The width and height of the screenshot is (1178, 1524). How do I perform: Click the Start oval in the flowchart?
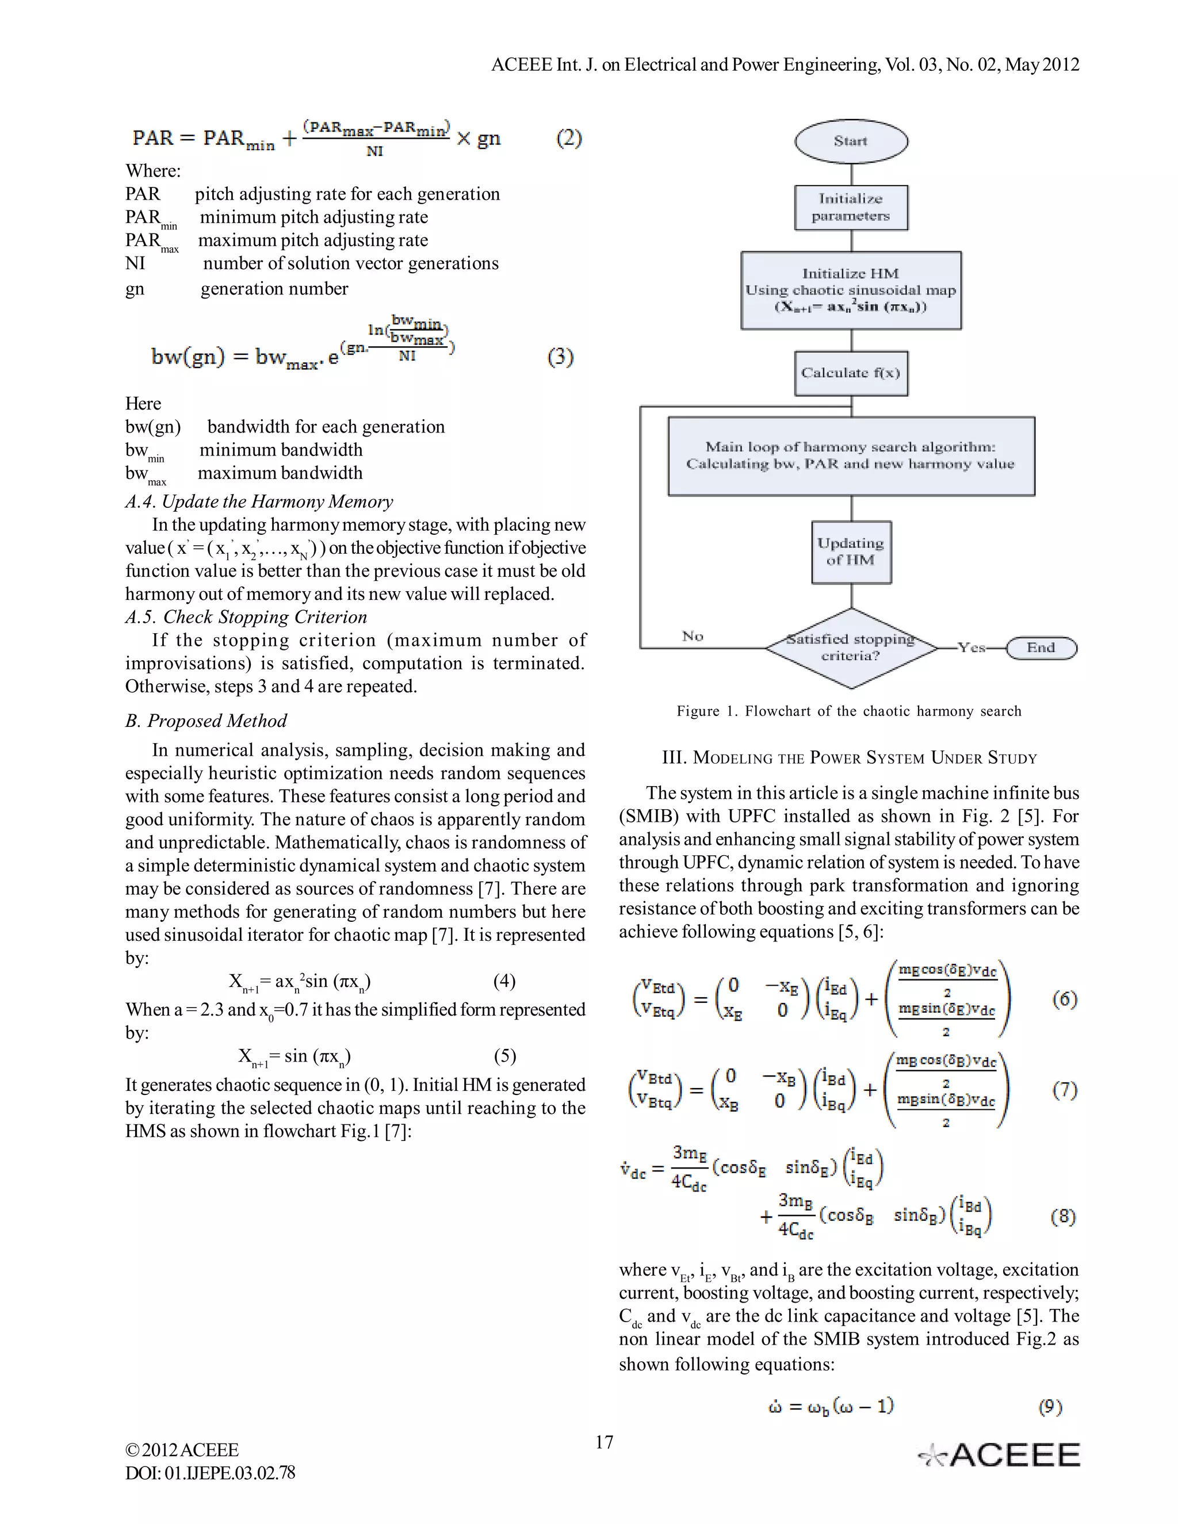tap(851, 141)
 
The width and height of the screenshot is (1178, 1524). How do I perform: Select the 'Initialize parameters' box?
tap(851, 207)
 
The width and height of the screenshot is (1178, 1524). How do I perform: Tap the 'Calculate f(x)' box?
tap(851, 373)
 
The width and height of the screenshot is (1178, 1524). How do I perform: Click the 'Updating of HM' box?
tap(851, 552)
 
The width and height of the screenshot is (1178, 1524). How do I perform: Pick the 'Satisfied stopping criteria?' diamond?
tap(851, 648)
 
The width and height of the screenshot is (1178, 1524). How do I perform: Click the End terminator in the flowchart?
tap(1041, 648)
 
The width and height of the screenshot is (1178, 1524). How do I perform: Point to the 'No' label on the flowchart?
tap(693, 635)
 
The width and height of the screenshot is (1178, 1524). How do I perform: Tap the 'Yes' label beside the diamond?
tap(971, 648)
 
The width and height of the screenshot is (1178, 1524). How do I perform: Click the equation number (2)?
tap(569, 138)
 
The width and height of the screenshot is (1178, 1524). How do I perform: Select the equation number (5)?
tap(504, 1056)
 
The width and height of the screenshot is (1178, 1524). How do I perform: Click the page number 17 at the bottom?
tap(605, 1442)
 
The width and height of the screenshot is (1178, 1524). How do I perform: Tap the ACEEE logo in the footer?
tap(999, 1455)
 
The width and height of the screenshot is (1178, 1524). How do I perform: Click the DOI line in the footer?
tap(210, 1472)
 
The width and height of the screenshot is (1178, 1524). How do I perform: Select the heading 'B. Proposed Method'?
tap(206, 721)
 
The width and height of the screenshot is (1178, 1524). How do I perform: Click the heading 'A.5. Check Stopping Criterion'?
tap(246, 617)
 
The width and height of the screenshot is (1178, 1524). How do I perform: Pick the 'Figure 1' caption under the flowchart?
tap(848, 711)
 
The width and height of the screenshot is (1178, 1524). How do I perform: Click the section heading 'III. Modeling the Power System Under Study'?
tap(848, 758)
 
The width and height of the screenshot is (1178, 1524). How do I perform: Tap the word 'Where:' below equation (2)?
tap(153, 171)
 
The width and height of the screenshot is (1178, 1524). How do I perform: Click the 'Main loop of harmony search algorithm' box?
tap(851, 455)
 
